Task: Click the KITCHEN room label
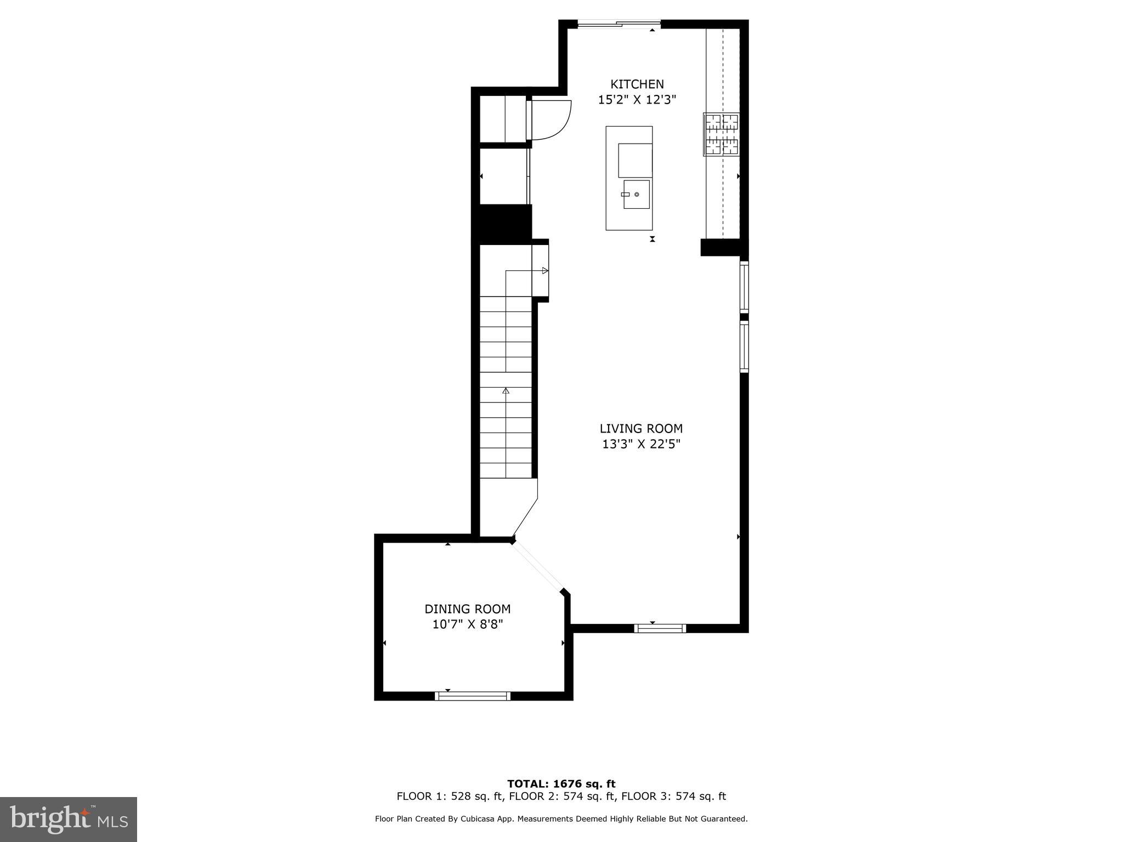coord(637,84)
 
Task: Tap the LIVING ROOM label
coord(640,429)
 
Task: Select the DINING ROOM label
coord(467,609)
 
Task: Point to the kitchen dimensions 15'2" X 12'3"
coord(637,100)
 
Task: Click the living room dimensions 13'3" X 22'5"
coord(640,444)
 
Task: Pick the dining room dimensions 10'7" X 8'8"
coord(467,624)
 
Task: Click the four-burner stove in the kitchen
coord(722,134)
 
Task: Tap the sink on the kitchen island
coord(636,194)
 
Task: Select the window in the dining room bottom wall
coord(473,696)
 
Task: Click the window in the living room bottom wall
coord(660,628)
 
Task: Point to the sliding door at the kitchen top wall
coord(619,24)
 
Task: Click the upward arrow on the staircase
coord(506,391)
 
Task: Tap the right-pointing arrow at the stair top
coord(545,270)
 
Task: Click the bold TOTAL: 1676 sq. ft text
coord(561,784)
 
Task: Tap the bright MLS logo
coord(69,819)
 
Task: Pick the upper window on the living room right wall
coord(744,287)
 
